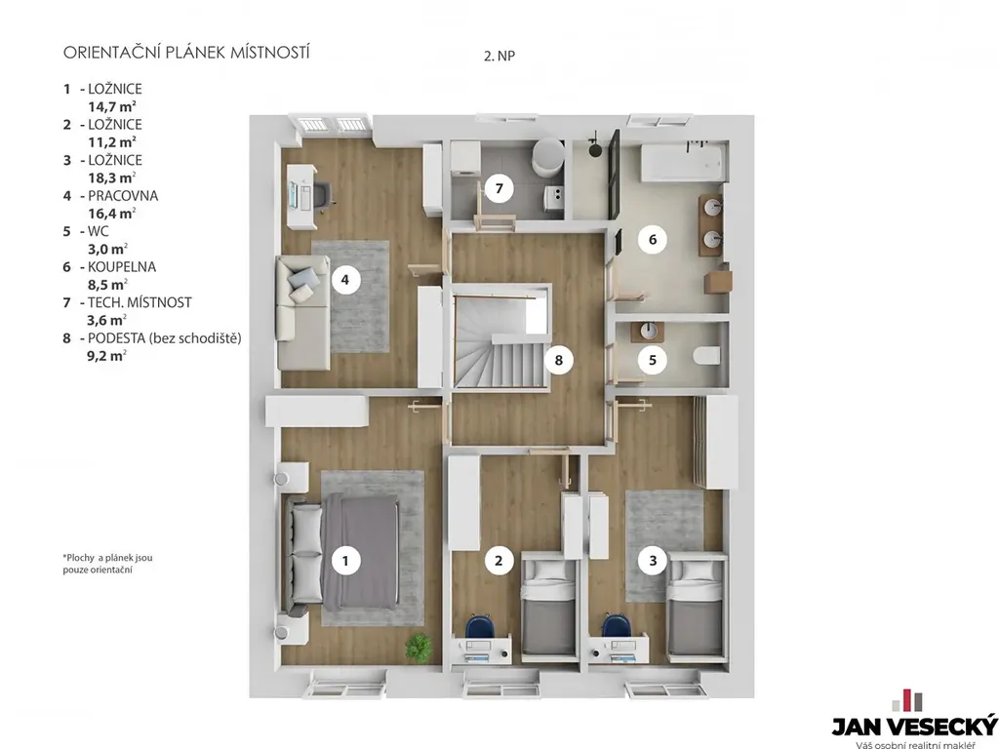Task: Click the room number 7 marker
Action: click(499, 188)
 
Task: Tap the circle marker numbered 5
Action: click(653, 360)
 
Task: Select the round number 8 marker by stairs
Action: click(559, 360)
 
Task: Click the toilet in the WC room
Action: click(706, 355)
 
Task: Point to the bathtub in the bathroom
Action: click(682, 163)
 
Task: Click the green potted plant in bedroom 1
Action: click(419, 646)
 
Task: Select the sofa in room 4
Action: click(303, 313)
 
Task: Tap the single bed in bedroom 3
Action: click(697, 609)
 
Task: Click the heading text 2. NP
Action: click(499, 56)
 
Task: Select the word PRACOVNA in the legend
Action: click(123, 195)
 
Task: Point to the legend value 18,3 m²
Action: click(112, 177)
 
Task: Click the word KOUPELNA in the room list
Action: click(122, 267)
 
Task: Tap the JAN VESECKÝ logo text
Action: click(914, 726)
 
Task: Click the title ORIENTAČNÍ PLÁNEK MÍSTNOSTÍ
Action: click(186, 53)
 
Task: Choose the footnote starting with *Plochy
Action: click(107, 564)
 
